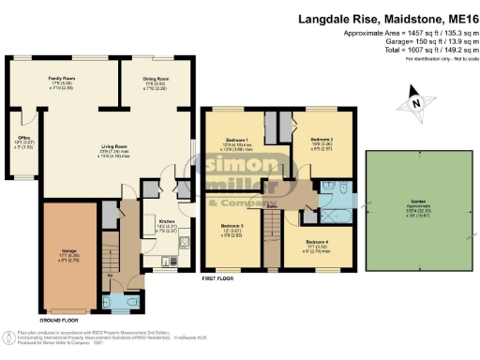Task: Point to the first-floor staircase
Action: (x=272, y=235)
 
